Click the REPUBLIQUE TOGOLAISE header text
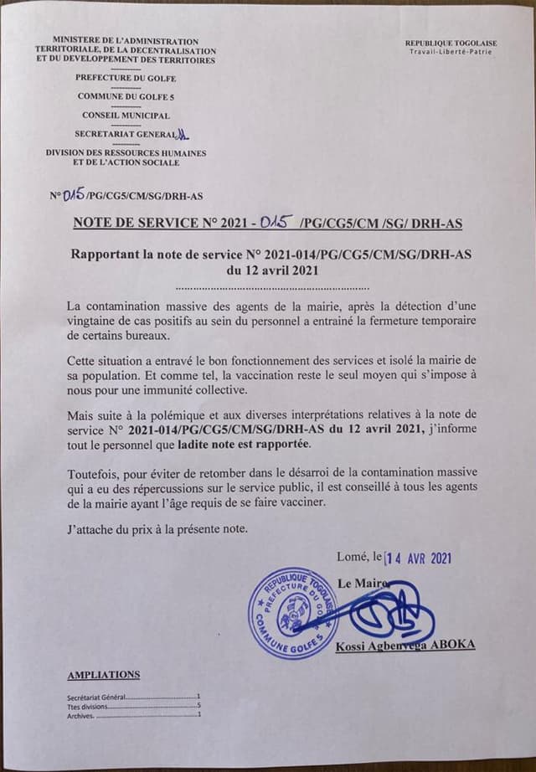point(451,43)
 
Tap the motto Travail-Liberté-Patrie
point(451,52)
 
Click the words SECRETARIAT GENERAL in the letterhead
point(124,134)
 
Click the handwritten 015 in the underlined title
point(274,224)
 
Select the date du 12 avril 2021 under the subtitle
point(267,271)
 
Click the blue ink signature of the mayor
point(394,613)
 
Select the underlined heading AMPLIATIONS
point(103,675)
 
